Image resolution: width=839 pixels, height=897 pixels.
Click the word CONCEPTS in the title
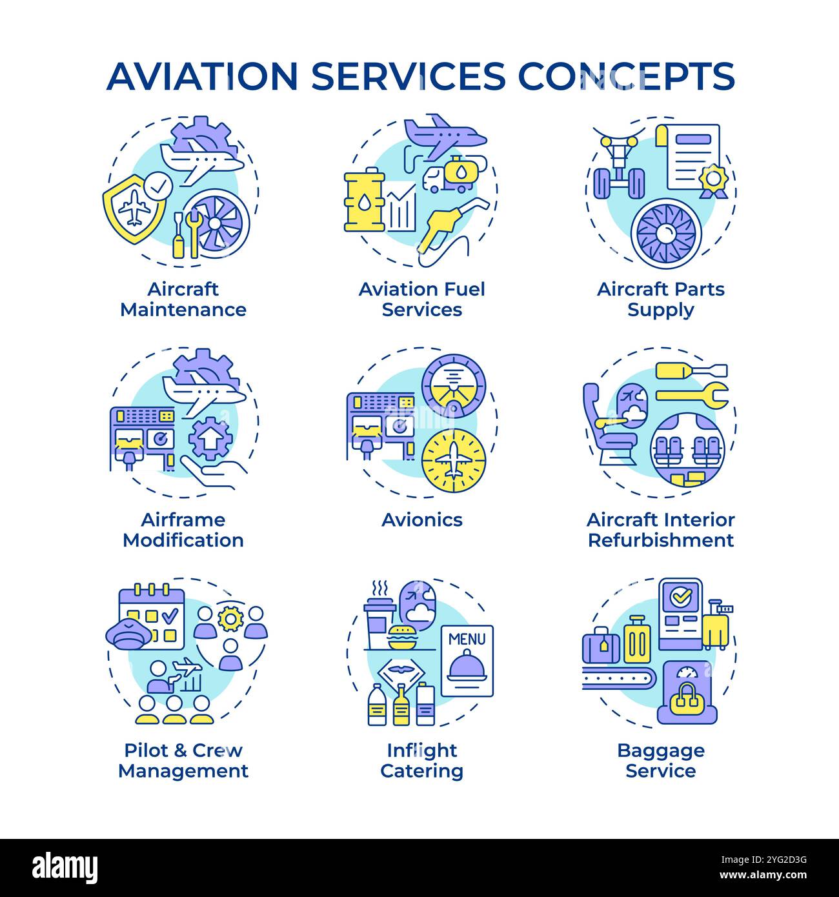(626, 76)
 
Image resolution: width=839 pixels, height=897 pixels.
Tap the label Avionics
(421, 520)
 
